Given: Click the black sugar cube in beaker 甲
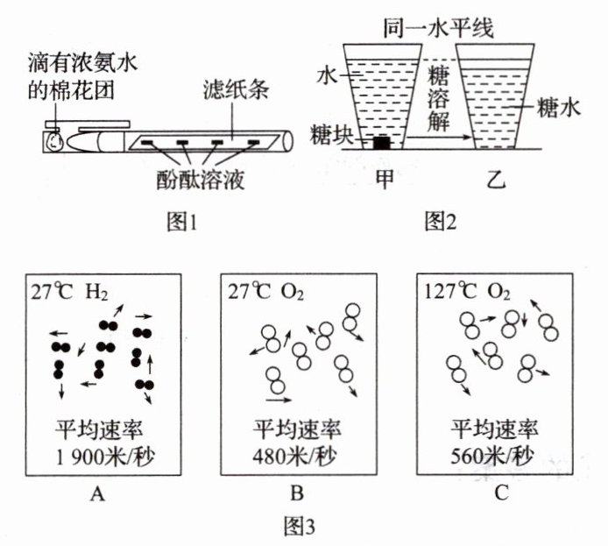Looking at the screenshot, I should click(381, 143).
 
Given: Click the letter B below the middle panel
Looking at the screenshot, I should click(300, 494).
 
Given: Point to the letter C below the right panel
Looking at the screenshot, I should click(500, 494).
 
